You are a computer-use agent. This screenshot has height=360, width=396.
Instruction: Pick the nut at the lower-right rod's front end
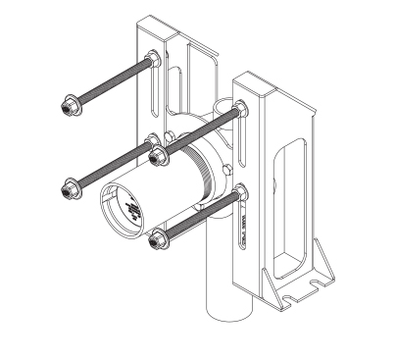pos(156,237)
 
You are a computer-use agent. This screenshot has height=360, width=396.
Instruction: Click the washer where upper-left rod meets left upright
pos(154,62)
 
